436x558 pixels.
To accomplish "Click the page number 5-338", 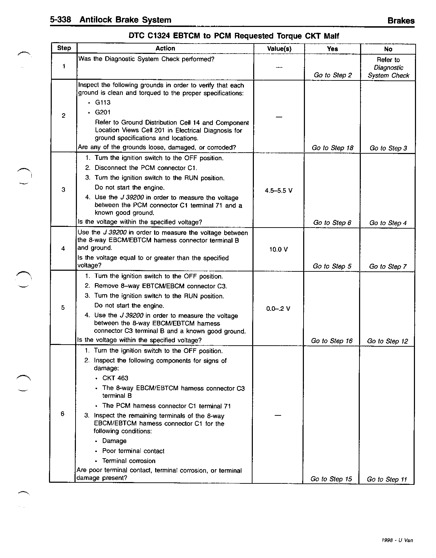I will [x=60, y=20].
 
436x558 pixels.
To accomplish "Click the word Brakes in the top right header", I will [x=401, y=21].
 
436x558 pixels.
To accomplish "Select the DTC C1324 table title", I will [x=234, y=36].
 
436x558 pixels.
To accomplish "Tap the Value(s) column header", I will [x=279, y=49].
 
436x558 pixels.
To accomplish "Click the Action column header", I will [x=165, y=49].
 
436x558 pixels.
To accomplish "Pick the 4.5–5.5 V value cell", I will [x=279, y=191].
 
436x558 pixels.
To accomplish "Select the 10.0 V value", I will [x=278, y=249].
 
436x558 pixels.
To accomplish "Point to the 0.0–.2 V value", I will [x=278, y=309].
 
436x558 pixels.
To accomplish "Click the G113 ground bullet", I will [x=103, y=103].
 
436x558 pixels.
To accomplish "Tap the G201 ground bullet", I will [x=103, y=112].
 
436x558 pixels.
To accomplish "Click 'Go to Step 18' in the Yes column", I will [x=333, y=148].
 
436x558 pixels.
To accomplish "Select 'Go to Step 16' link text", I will [x=332, y=341].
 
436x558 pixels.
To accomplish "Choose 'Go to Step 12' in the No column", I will [x=387, y=341].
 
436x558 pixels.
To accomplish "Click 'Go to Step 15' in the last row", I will [x=331, y=479].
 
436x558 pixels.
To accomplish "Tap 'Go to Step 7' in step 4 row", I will [x=388, y=267].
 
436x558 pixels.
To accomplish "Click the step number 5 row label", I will [x=63, y=307].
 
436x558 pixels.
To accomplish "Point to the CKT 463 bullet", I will [x=115, y=378].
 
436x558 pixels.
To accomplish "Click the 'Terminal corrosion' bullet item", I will [x=129, y=461].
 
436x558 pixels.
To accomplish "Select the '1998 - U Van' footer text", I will [x=397, y=540].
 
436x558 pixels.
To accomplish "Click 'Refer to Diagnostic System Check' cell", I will [x=388, y=68].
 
